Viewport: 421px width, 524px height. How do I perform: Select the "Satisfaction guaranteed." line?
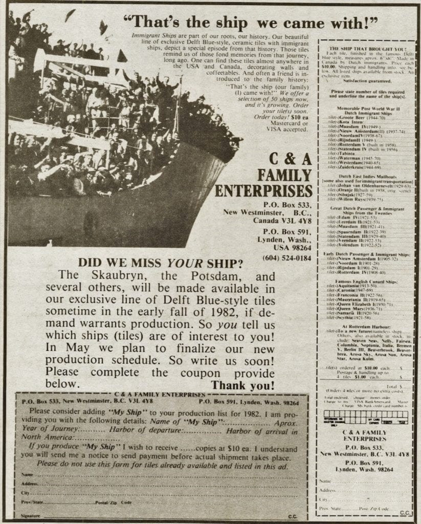(364, 81)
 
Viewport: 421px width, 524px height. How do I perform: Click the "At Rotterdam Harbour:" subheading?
(364, 325)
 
